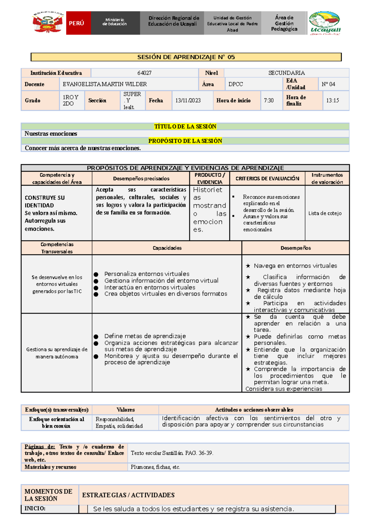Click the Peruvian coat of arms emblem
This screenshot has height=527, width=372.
(48, 23)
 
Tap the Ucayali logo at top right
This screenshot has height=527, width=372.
(325, 23)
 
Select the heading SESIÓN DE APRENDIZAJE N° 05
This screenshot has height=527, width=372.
(186, 57)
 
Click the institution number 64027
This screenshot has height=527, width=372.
(144, 73)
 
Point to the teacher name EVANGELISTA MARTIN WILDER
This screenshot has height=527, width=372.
(105, 84)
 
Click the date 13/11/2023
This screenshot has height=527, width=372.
(188, 101)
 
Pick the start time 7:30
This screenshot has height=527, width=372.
(269, 101)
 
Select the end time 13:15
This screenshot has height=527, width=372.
(332, 101)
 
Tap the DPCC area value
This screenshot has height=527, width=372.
(236, 84)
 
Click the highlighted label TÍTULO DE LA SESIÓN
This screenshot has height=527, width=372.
(185, 127)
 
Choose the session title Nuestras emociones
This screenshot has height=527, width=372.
(51, 134)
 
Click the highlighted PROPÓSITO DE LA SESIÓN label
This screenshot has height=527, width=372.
(185, 141)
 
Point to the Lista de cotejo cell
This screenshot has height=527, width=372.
(325, 213)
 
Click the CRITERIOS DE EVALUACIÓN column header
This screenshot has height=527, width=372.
(267, 178)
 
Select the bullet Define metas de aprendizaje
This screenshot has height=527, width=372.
(145, 336)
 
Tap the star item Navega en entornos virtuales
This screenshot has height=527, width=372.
(295, 266)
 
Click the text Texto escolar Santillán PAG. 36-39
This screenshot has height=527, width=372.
(172, 453)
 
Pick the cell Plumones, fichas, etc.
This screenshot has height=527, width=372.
(155, 467)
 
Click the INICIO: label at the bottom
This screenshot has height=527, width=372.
(35, 508)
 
